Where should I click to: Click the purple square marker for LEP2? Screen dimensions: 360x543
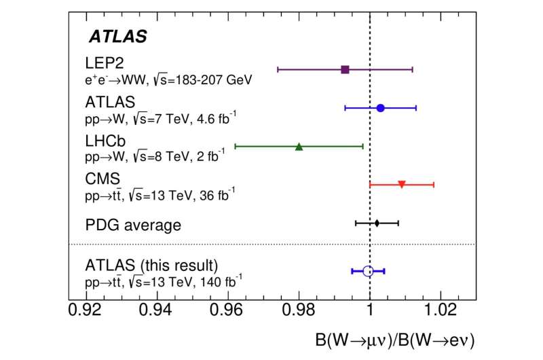(x=345, y=69)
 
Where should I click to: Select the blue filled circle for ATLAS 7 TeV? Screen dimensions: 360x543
(x=380, y=108)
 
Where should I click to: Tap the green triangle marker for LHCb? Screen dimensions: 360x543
(x=299, y=146)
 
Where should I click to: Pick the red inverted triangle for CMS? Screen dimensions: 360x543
(x=402, y=184)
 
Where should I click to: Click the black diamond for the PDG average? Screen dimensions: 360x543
(x=377, y=223)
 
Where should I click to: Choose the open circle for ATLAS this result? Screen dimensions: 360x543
(x=368, y=271)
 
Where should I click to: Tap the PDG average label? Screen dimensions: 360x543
(x=133, y=224)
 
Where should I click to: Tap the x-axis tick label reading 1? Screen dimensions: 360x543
(x=370, y=313)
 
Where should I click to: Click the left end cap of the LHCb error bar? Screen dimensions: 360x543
(x=235, y=146)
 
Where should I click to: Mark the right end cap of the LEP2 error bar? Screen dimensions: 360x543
(x=413, y=69)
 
